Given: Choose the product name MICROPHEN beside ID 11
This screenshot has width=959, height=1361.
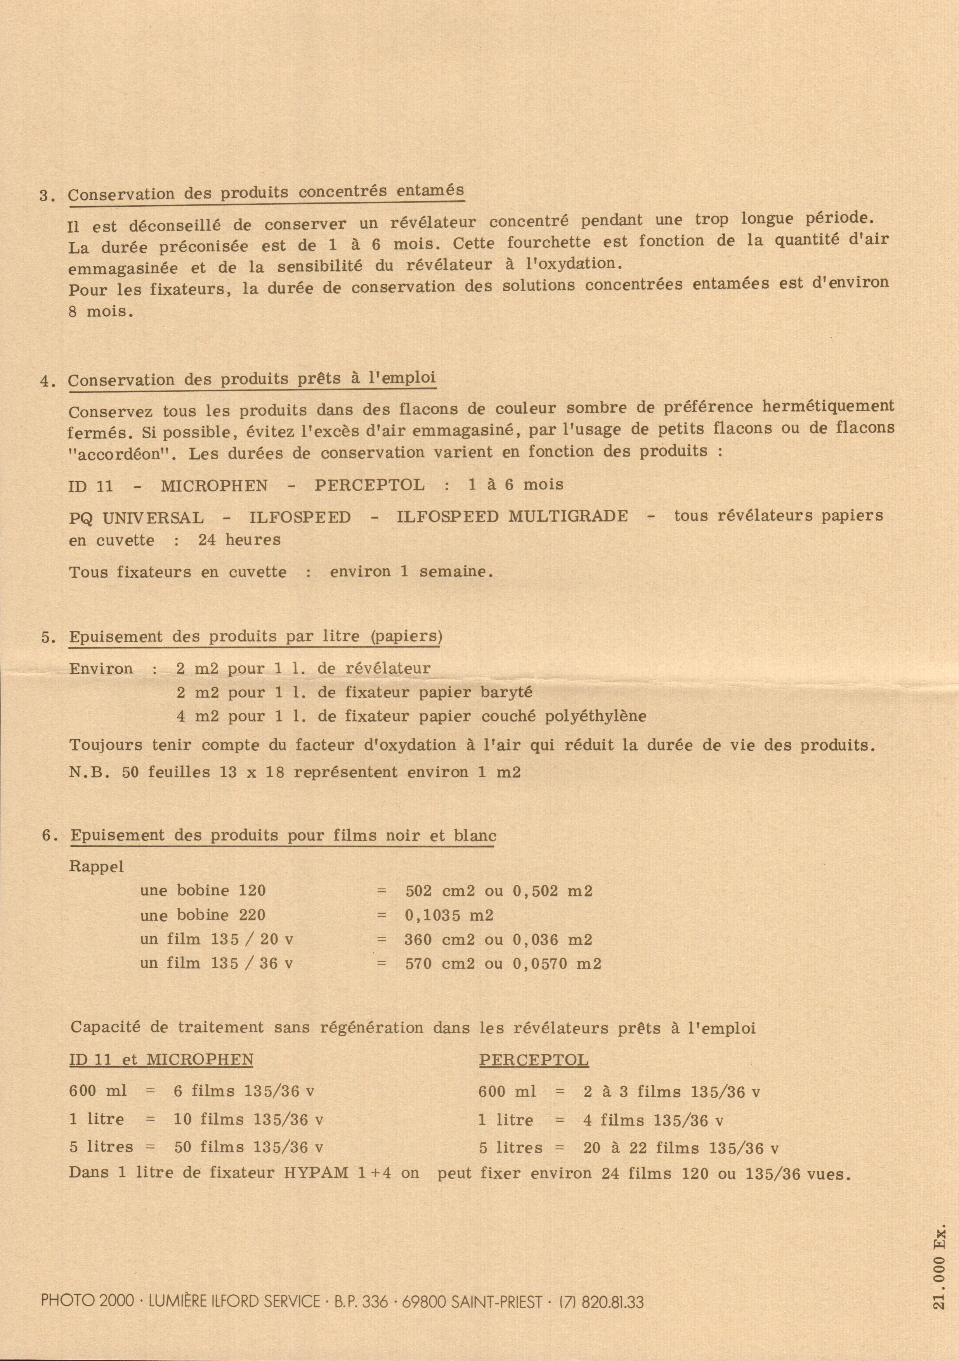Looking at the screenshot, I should [x=214, y=486].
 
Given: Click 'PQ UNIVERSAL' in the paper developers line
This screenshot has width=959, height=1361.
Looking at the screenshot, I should [x=136, y=517].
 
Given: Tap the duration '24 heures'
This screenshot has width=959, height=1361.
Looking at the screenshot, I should [x=239, y=540].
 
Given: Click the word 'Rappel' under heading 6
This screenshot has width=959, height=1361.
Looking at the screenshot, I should [x=97, y=866].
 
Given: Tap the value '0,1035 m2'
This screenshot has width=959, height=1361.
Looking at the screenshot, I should [x=449, y=915].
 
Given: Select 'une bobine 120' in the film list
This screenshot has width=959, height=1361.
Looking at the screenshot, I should [x=203, y=891].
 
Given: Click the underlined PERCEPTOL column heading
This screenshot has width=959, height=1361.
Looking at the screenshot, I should [x=534, y=1060].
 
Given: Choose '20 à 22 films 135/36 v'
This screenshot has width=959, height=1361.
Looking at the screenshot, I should [x=680, y=1148].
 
